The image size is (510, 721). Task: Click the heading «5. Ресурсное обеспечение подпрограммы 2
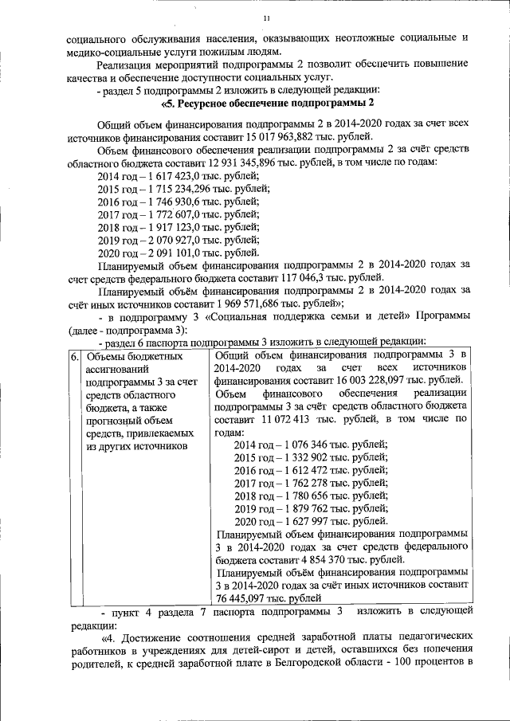pos(268,104)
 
